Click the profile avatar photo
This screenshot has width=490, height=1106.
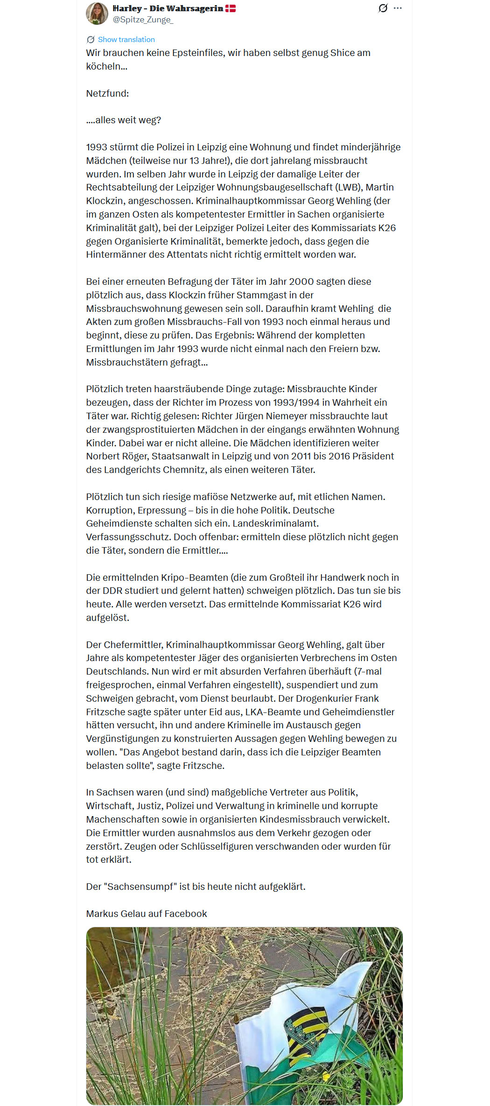tap(97, 13)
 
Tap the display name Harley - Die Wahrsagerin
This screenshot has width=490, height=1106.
tap(168, 8)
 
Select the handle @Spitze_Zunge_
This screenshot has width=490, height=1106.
tap(143, 20)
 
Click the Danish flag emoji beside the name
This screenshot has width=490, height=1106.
tap(231, 8)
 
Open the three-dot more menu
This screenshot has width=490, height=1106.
tap(398, 8)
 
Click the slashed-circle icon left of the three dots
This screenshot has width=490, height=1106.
tap(383, 8)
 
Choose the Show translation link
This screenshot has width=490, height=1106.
tap(126, 40)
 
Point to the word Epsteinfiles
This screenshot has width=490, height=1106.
tap(199, 53)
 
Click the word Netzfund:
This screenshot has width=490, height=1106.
tap(107, 93)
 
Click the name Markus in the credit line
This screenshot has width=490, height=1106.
tap(102, 914)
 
